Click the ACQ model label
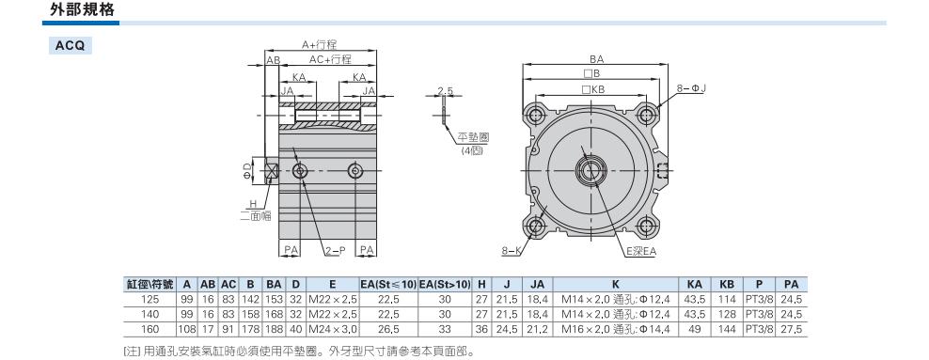pos(70,46)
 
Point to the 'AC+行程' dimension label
pos(330,60)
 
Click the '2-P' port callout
pos(334,251)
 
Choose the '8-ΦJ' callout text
pos(692,88)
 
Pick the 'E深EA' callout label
pos(641,252)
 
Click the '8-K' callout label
pos(511,251)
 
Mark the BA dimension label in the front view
pos(597,59)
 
